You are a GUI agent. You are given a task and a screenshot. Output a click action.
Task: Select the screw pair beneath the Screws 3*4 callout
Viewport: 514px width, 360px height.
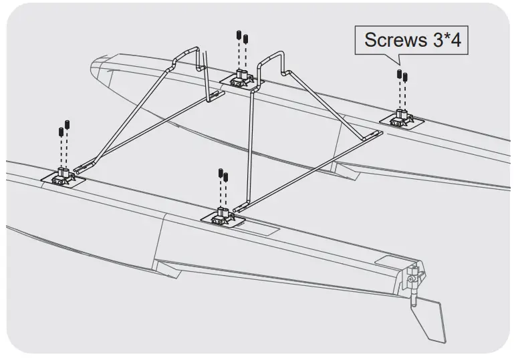(402, 75)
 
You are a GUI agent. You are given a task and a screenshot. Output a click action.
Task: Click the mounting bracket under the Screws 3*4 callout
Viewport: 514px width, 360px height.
(401, 118)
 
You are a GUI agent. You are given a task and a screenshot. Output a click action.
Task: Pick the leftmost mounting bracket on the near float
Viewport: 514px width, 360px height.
(64, 176)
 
